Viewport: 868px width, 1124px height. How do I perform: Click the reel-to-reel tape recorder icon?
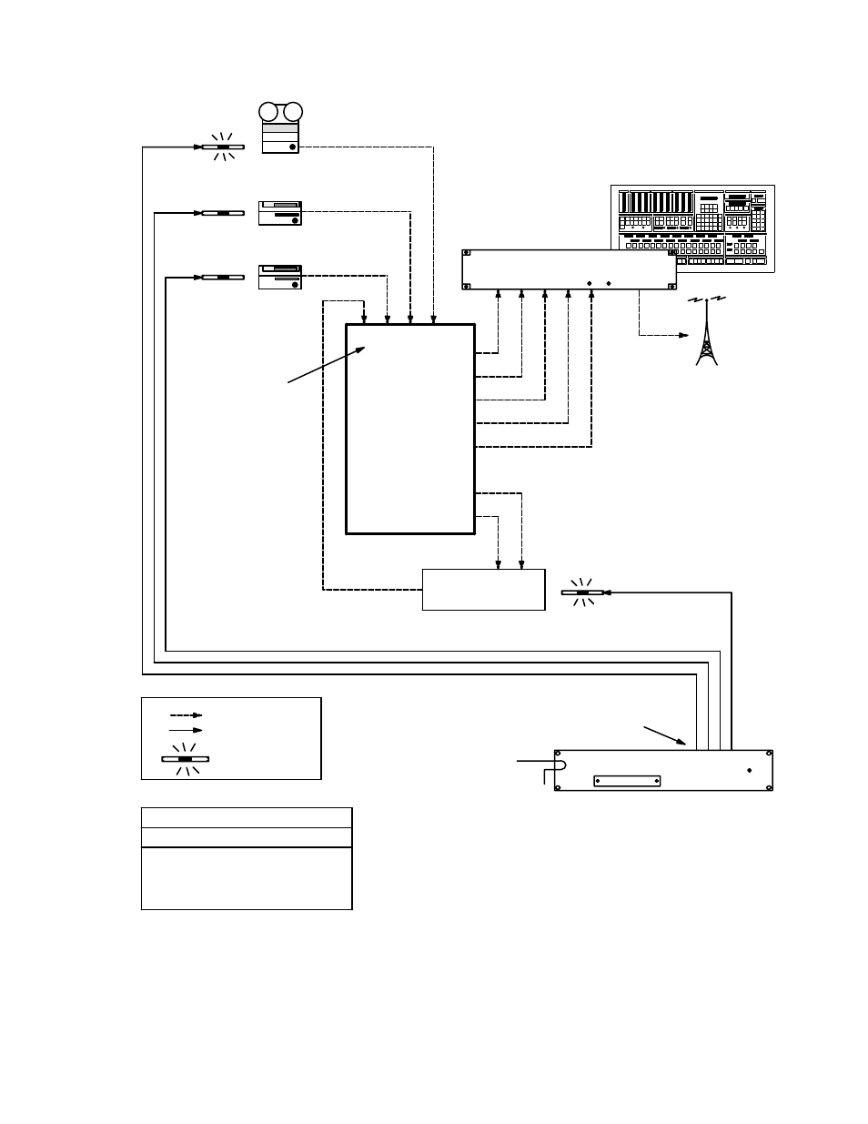point(280,128)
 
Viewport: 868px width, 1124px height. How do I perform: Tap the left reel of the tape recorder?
point(268,112)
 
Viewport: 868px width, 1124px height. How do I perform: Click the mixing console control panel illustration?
point(692,228)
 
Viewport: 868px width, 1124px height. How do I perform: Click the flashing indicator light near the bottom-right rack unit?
point(582,593)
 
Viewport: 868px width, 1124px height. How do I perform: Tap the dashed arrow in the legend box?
point(186,715)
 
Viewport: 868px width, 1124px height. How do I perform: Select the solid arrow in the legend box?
point(186,730)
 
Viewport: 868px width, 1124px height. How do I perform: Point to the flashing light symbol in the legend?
point(186,758)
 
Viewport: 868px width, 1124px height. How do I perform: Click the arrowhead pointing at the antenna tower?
point(683,335)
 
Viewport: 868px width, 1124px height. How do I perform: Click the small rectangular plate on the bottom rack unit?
point(627,780)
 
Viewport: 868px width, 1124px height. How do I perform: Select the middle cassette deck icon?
point(280,213)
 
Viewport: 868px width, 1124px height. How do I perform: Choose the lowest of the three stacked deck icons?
point(280,277)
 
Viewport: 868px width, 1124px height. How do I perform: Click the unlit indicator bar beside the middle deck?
point(223,213)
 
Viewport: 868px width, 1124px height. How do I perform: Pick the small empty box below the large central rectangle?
point(483,590)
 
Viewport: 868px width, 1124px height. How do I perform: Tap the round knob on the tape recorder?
point(292,147)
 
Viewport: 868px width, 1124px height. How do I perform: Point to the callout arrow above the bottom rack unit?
point(664,735)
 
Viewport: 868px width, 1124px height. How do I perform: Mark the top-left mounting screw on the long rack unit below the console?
point(467,254)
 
